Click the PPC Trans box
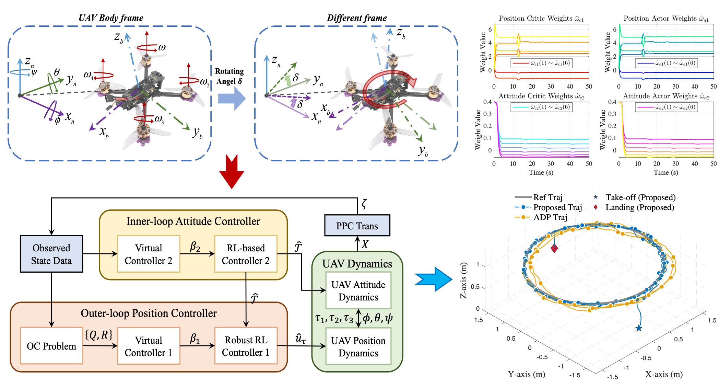(x=357, y=226)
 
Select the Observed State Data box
(x=51, y=254)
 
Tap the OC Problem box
(x=51, y=346)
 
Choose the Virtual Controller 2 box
(x=149, y=254)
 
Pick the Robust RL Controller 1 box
(x=246, y=346)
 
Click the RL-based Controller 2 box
(x=246, y=254)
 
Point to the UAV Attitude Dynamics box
(x=358, y=290)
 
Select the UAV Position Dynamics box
(x=358, y=346)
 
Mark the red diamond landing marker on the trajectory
(x=554, y=248)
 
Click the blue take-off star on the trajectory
(x=638, y=328)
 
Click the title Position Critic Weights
(x=541, y=19)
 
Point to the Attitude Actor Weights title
(x=665, y=96)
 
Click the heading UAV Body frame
(x=111, y=18)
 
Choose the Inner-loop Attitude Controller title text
(x=193, y=221)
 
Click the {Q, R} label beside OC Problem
(x=99, y=334)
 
